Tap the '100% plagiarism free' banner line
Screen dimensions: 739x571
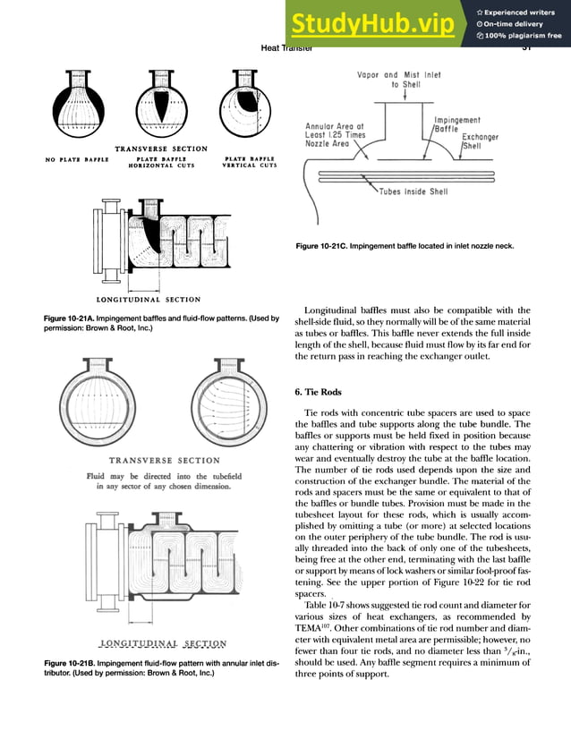pos(520,37)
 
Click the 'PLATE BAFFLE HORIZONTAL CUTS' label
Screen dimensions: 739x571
pos(160,163)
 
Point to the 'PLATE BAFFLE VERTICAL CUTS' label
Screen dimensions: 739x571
pos(250,163)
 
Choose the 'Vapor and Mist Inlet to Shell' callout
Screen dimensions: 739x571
pos(406,80)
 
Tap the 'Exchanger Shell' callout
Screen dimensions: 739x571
pos(481,142)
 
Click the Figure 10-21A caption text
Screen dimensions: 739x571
pos(161,324)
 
